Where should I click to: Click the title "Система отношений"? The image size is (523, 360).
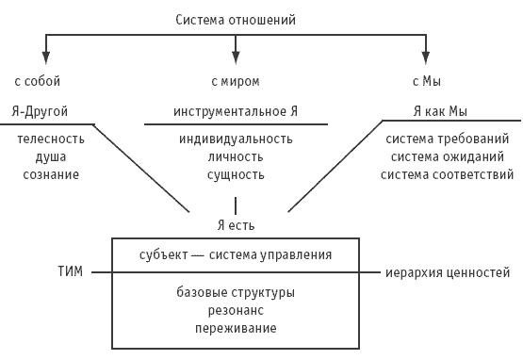click(x=236, y=18)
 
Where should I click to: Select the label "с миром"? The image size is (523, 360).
click(x=235, y=82)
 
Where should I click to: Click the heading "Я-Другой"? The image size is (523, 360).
click(x=41, y=110)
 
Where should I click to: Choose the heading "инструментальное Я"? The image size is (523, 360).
click(x=236, y=110)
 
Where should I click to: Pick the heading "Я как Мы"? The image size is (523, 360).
click(x=442, y=110)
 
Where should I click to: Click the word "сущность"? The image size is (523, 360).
click(x=236, y=174)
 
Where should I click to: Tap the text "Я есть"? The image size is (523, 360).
click(x=235, y=225)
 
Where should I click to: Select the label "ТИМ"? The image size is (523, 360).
click(x=70, y=272)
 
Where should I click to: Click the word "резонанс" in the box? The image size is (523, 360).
click(x=236, y=310)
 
